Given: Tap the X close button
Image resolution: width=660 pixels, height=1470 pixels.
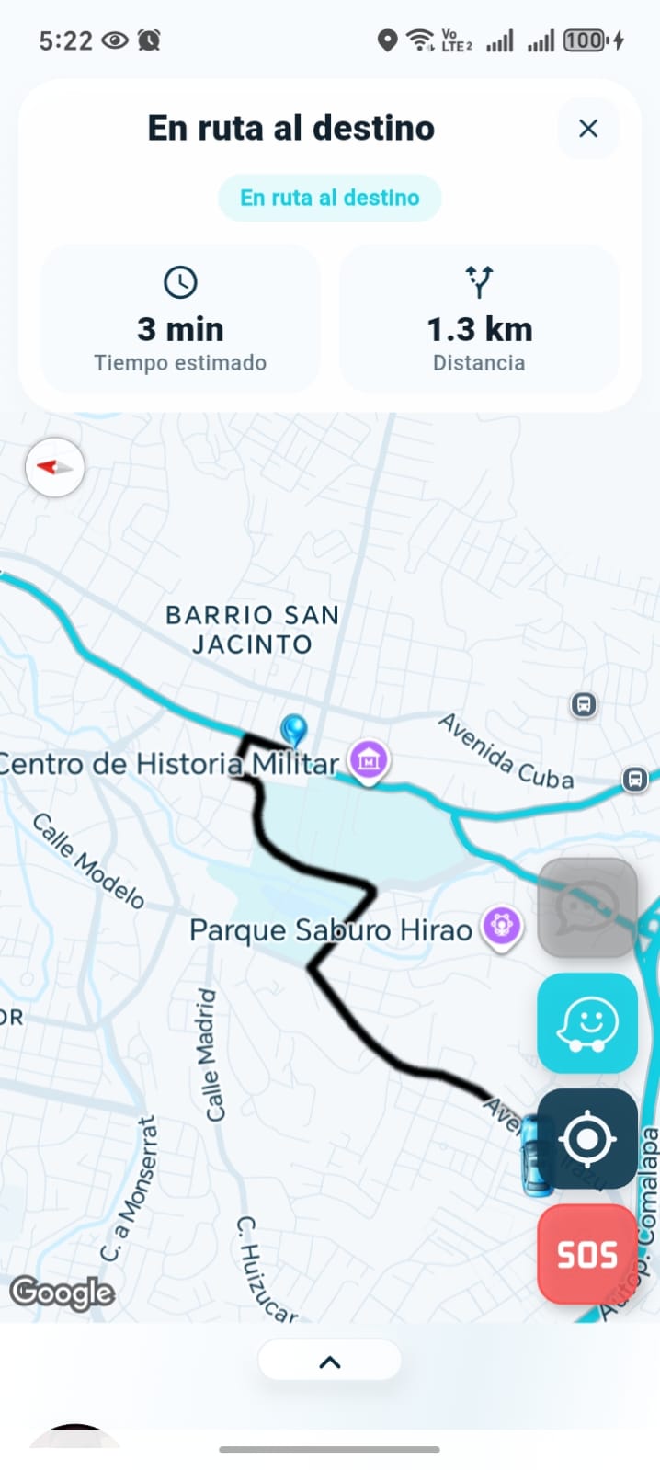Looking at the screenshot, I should coord(588,129).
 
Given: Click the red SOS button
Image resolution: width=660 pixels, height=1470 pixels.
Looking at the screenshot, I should coord(586,1254).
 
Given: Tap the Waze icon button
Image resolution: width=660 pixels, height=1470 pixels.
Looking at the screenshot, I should coord(586,1022).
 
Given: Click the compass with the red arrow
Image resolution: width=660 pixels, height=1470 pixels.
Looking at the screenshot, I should coord(55,467).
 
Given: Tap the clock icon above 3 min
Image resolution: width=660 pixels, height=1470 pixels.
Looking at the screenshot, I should coord(180,282).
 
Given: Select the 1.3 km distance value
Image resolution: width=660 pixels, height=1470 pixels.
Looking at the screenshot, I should coord(479,329).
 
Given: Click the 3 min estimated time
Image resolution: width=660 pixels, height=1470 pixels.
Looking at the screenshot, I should coord(180,329).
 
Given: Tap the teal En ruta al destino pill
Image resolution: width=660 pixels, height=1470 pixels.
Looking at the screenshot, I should coord(329,198).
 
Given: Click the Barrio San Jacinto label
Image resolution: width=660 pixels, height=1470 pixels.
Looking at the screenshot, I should coord(252,629).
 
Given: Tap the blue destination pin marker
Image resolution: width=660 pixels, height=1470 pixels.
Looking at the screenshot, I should coord(294,731).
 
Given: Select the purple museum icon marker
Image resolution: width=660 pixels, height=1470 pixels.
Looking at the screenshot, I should coord(369,761).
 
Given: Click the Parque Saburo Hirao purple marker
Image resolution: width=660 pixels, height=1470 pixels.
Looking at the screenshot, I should coord(501,926).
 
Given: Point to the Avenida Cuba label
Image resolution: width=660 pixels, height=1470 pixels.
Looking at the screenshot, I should coord(506,751).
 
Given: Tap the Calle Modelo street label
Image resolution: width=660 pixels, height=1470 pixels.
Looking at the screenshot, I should coord(89,860).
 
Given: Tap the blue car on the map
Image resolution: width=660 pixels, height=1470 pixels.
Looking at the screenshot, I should coord(535,1156).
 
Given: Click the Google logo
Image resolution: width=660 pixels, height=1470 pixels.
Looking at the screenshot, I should coord(63,1293).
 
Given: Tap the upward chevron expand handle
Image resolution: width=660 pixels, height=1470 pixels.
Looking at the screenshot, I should coord(329,1362).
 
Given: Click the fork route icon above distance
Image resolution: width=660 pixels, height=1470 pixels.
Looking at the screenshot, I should coord(479,281).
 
